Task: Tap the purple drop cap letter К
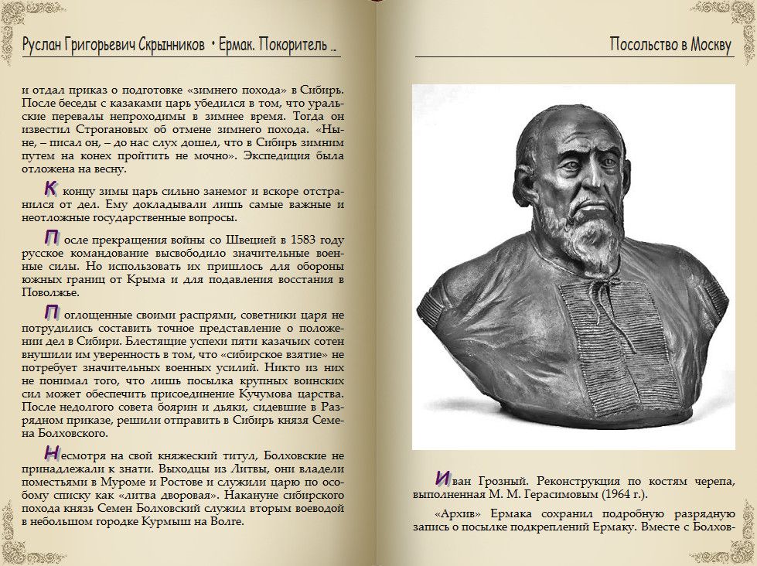tap(50, 188)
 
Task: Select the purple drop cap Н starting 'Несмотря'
tap(51, 453)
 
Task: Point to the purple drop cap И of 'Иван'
tap(443, 478)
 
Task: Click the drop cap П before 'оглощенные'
tap(51, 312)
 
